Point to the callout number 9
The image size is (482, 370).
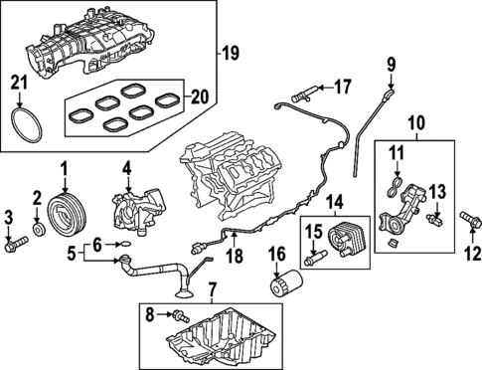click(391, 66)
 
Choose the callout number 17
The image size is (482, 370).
click(342, 87)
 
